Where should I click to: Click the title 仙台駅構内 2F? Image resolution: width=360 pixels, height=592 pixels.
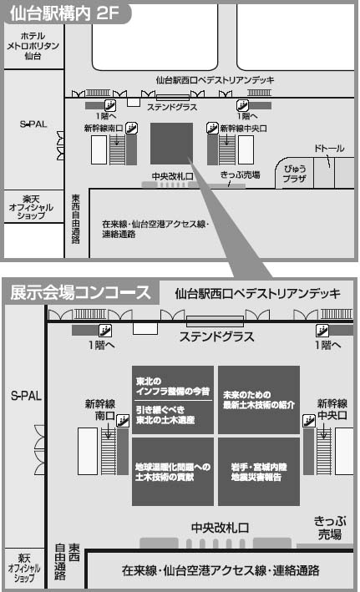[x=64, y=13]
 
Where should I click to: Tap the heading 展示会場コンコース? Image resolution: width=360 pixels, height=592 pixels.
[x=80, y=293]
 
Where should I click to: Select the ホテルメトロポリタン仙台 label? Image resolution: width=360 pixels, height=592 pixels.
[x=33, y=46]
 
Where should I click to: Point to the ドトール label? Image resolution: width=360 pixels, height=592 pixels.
[x=329, y=149]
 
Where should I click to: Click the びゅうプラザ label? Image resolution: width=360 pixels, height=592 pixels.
[x=295, y=174]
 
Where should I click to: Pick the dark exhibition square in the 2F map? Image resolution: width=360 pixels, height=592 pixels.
[x=171, y=144]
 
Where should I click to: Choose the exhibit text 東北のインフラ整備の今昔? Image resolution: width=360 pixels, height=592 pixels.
[x=172, y=386]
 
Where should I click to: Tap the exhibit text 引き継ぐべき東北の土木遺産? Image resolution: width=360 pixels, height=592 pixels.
[x=165, y=414]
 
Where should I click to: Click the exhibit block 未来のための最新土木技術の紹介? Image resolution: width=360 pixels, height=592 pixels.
[x=259, y=399]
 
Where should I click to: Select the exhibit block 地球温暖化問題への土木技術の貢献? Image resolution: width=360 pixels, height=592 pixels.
[x=173, y=472]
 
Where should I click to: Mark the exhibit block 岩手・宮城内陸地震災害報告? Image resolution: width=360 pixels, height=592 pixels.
[x=259, y=472]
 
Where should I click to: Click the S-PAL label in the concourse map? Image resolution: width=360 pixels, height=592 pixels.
[x=26, y=396]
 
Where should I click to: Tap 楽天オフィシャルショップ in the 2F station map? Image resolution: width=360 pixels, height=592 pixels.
[x=32, y=207]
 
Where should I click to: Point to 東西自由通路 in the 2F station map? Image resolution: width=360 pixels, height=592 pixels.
[x=76, y=219]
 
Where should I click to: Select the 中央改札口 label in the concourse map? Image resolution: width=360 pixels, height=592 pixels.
[x=220, y=528]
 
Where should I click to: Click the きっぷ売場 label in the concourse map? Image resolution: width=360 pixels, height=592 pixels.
[x=330, y=528]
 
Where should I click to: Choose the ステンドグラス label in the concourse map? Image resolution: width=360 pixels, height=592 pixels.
[x=216, y=336]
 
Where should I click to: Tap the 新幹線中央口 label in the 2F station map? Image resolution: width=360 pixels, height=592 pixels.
[x=243, y=129]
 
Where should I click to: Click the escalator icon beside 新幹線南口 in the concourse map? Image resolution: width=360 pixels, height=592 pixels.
[x=123, y=420]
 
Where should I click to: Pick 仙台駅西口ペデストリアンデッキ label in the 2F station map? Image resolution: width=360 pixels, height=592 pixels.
[x=215, y=80]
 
